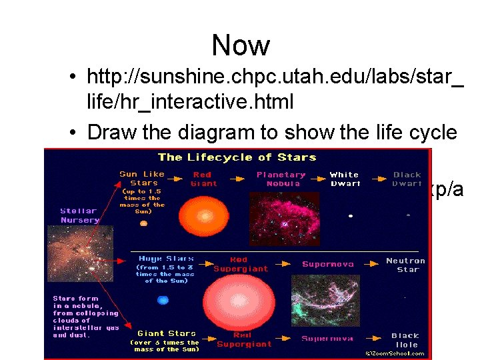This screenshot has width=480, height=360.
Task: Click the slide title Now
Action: pyautogui.click(x=241, y=46)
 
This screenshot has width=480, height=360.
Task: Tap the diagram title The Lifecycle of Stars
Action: pyautogui.click(x=237, y=158)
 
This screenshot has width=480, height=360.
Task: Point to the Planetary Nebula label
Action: pyautogui.click(x=281, y=179)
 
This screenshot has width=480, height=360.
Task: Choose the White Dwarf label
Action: pyautogui.click(x=344, y=179)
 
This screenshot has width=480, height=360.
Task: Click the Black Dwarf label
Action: pyautogui.click(x=407, y=179)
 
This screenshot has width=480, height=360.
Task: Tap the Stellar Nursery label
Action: pyautogui.click(x=79, y=216)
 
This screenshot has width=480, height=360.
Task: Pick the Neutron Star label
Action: pyautogui.click(x=405, y=265)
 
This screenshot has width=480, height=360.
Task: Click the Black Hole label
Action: pyautogui.click(x=405, y=340)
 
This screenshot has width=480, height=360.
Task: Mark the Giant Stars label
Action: pyautogui.click(x=167, y=333)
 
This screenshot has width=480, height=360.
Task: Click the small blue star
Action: pyautogui.click(x=163, y=301)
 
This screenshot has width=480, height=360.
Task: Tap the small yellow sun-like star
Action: pyautogui.click(x=143, y=224)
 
